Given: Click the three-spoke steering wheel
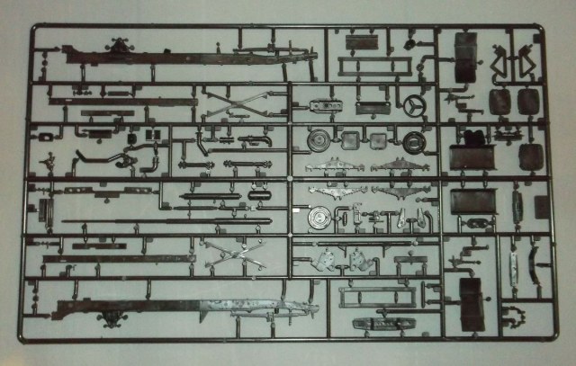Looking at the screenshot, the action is click(x=415, y=105).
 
